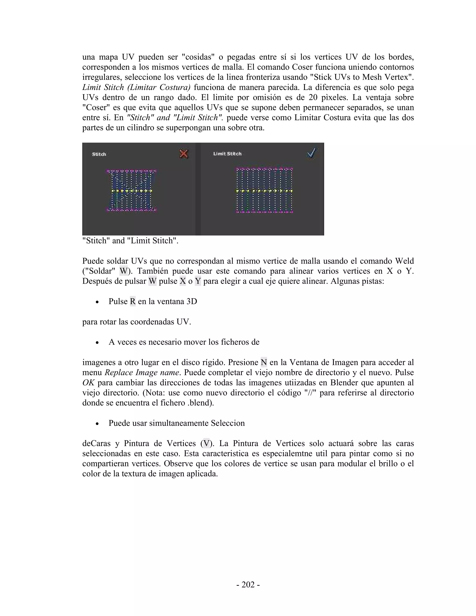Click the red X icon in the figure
tap(184, 154)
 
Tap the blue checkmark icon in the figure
tap(312, 153)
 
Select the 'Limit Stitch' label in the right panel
tap(227, 154)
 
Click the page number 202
tap(248, 585)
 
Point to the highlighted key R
tap(132, 301)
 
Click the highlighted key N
tap(264, 362)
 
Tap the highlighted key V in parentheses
tap(206, 443)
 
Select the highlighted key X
tap(183, 281)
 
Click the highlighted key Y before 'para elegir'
tap(198, 281)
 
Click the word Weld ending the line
tap(404, 261)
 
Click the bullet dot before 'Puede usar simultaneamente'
tap(97, 424)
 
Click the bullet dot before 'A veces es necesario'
tap(97, 343)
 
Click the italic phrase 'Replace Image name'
tap(142, 372)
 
